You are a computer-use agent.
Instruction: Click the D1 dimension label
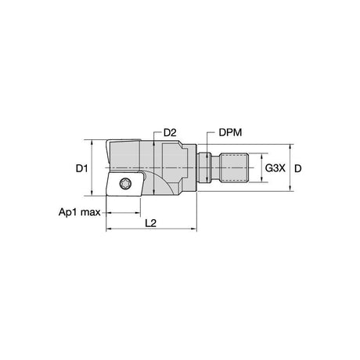point(81,168)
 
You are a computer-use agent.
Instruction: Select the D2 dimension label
point(170,133)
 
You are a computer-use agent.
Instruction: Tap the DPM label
point(230,132)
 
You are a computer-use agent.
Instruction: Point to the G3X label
point(275,168)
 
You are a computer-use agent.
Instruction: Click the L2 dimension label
point(151,223)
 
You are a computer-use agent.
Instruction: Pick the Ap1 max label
point(80,212)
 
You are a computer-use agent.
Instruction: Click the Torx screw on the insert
point(125,184)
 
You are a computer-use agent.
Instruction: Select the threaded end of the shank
point(234,168)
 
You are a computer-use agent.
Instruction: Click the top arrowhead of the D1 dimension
point(92,142)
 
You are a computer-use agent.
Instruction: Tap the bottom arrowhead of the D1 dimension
point(92,193)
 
